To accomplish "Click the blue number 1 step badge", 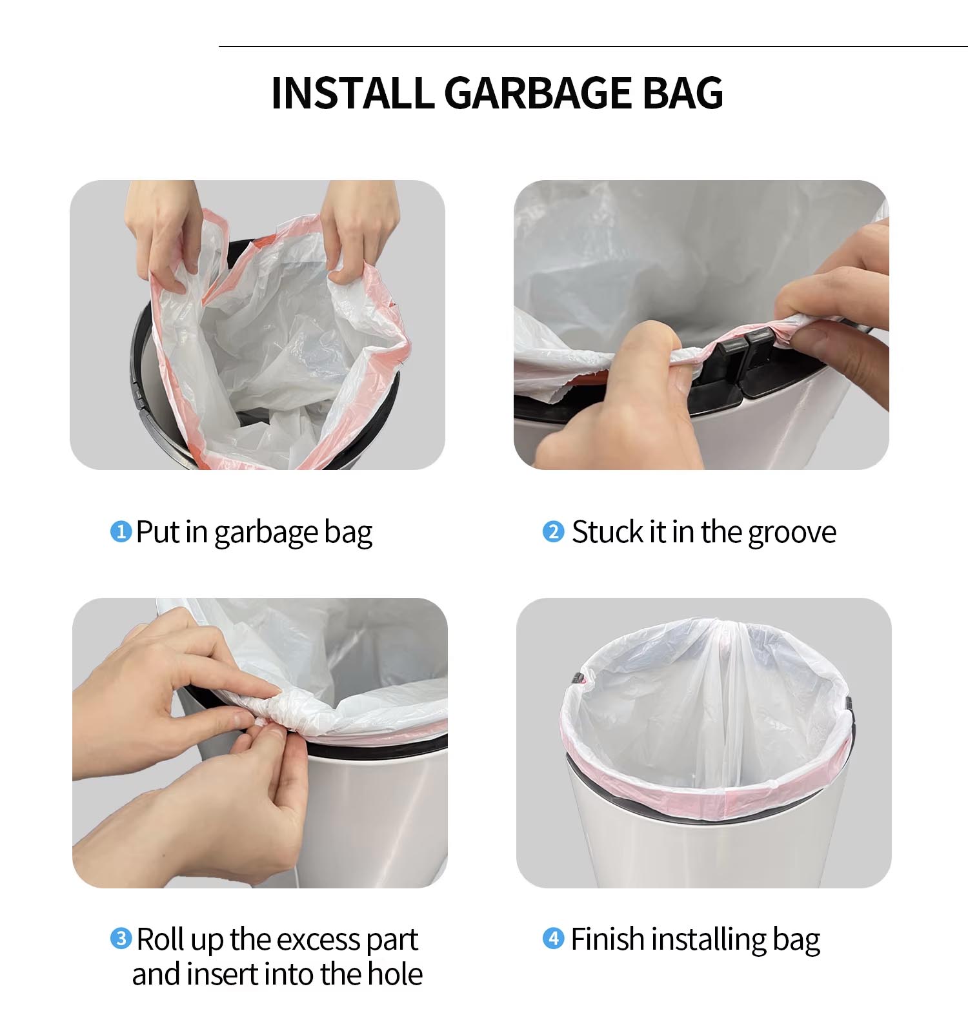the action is tap(121, 531).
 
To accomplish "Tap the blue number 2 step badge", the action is tap(553, 531).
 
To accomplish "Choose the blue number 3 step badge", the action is tap(121, 938).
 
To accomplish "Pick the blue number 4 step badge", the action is tap(553, 938).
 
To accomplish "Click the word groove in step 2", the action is tap(792, 533).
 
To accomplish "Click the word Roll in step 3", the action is tap(159, 939).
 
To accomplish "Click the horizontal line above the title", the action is tap(593, 46).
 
